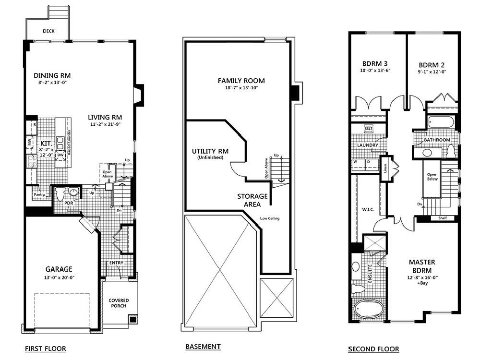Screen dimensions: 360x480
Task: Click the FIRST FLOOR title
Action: pyautogui.click(x=45, y=348)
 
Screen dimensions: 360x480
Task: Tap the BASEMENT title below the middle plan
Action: pyautogui.click(x=203, y=346)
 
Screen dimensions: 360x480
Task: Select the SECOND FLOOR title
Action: pyautogui.click(x=373, y=349)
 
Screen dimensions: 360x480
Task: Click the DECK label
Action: pyautogui.click(x=48, y=31)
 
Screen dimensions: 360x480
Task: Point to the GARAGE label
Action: pyautogui.click(x=59, y=269)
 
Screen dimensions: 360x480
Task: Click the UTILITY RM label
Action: pyautogui.click(x=210, y=151)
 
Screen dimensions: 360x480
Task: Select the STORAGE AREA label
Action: pyautogui.click(x=252, y=200)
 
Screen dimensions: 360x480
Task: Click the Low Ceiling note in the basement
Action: pyautogui.click(x=270, y=218)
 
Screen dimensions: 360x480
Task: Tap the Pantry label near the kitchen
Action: pyautogui.click(x=39, y=194)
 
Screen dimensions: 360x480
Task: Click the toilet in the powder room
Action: pyautogui.click(x=60, y=194)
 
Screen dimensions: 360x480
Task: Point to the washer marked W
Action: pyautogui.click(x=356, y=161)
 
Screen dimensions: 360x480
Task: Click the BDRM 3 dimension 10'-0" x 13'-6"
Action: pyautogui.click(x=375, y=71)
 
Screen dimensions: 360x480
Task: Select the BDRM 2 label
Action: pyautogui.click(x=432, y=65)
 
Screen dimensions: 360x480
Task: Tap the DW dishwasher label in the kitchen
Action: pyautogui.click(x=60, y=156)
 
